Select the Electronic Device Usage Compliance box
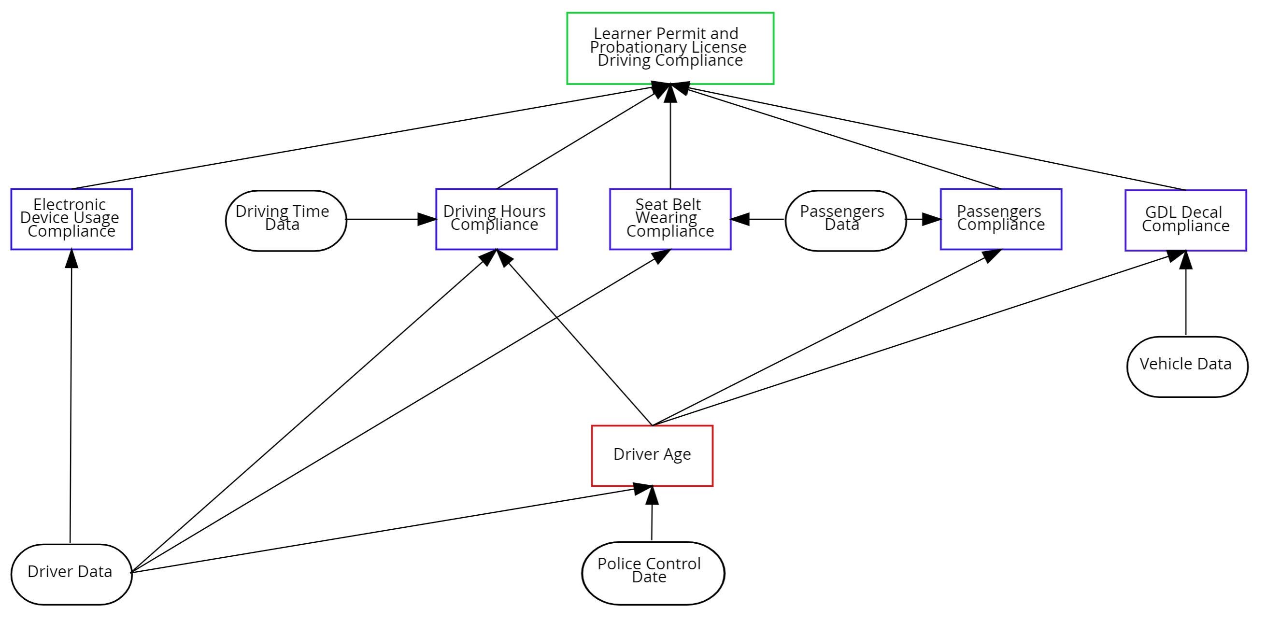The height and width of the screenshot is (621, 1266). (72, 219)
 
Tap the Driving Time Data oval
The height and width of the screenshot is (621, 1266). (286, 220)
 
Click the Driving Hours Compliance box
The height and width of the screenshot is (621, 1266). (497, 219)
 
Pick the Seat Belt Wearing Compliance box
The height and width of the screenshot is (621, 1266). (670, 219)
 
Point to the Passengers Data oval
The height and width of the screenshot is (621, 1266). (845, 220)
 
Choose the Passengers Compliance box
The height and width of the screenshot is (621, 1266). (1001, 219)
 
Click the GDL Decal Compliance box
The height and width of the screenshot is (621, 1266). (1185, 220)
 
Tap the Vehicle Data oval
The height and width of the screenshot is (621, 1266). (1187, 366)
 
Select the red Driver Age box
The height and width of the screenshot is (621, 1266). (652, 455)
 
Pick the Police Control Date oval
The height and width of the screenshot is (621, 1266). (653, 573)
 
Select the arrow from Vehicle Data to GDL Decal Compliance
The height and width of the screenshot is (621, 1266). (1185, 300)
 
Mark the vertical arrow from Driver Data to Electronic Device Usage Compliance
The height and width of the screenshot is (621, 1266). (71, 393)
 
